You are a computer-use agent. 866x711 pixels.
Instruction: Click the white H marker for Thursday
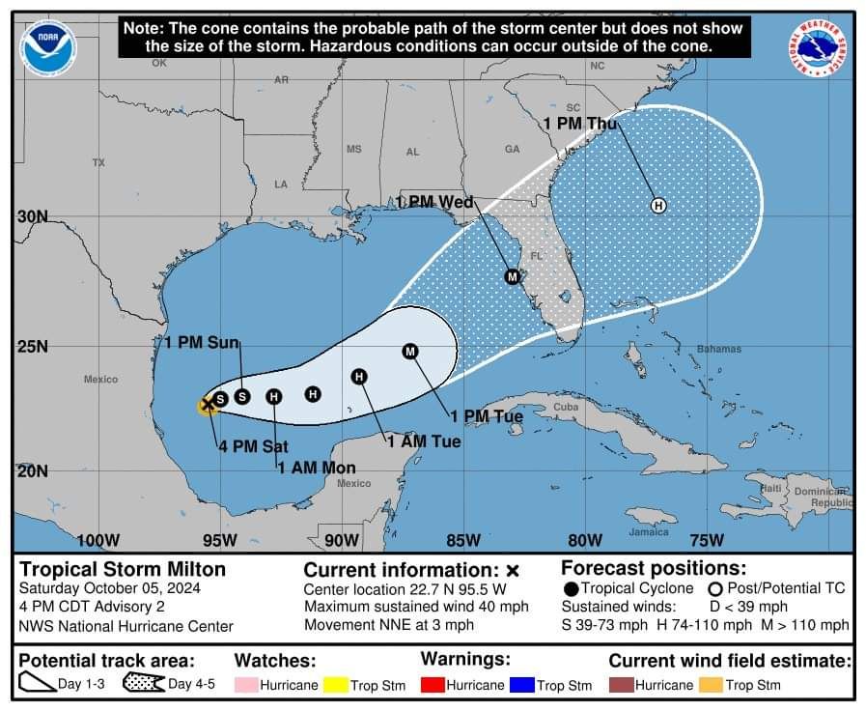(658, 206)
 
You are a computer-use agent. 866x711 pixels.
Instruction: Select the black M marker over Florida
(513, 277)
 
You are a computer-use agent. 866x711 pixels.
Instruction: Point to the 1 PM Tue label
(486, 416)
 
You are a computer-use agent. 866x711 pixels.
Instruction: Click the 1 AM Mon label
(317, 468)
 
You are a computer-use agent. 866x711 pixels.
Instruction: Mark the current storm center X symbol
(208, 405)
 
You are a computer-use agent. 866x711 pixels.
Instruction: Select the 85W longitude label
(463, 540)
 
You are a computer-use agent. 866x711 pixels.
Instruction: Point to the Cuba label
(565, 408)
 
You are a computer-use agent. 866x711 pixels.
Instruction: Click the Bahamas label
(719, 349)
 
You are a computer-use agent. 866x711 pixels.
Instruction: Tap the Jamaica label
(649, 532)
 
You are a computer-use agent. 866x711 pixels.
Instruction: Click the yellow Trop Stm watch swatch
(334, 685)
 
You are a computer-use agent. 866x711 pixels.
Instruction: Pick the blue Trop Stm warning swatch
(521, 685)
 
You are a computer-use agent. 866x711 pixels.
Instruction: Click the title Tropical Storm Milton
(123, 569)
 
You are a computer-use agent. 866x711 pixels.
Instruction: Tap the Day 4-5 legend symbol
(144, 685)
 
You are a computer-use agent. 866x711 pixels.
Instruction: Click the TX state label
(98, 163)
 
